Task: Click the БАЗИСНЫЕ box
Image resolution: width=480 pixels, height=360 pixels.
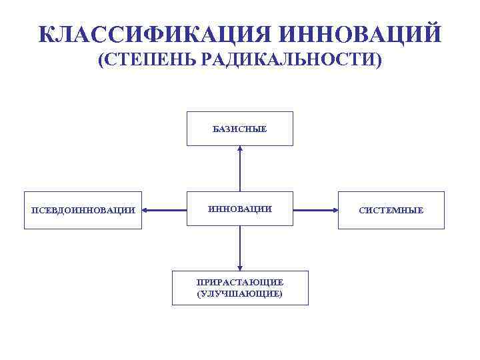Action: coord(239,129)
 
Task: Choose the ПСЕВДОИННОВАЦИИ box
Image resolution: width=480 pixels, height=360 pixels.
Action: coord(83,211)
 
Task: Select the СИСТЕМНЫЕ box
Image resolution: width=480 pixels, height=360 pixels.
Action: coord(391,211)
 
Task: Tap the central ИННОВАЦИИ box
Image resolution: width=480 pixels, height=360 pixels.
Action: coord(239,209)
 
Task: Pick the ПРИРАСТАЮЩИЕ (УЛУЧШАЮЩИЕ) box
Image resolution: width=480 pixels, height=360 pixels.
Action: coord(240,288)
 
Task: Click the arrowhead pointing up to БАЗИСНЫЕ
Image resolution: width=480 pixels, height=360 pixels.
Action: coord(240,149)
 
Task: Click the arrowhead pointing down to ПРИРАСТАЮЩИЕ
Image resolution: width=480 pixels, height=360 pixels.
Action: coord(240,266)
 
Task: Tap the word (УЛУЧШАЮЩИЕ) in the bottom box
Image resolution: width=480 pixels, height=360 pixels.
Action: coord(240,293)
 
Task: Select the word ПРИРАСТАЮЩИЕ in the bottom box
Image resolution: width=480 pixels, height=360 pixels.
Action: coord(240,282)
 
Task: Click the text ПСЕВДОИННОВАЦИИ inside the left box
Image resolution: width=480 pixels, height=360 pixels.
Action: coord(83,211)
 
